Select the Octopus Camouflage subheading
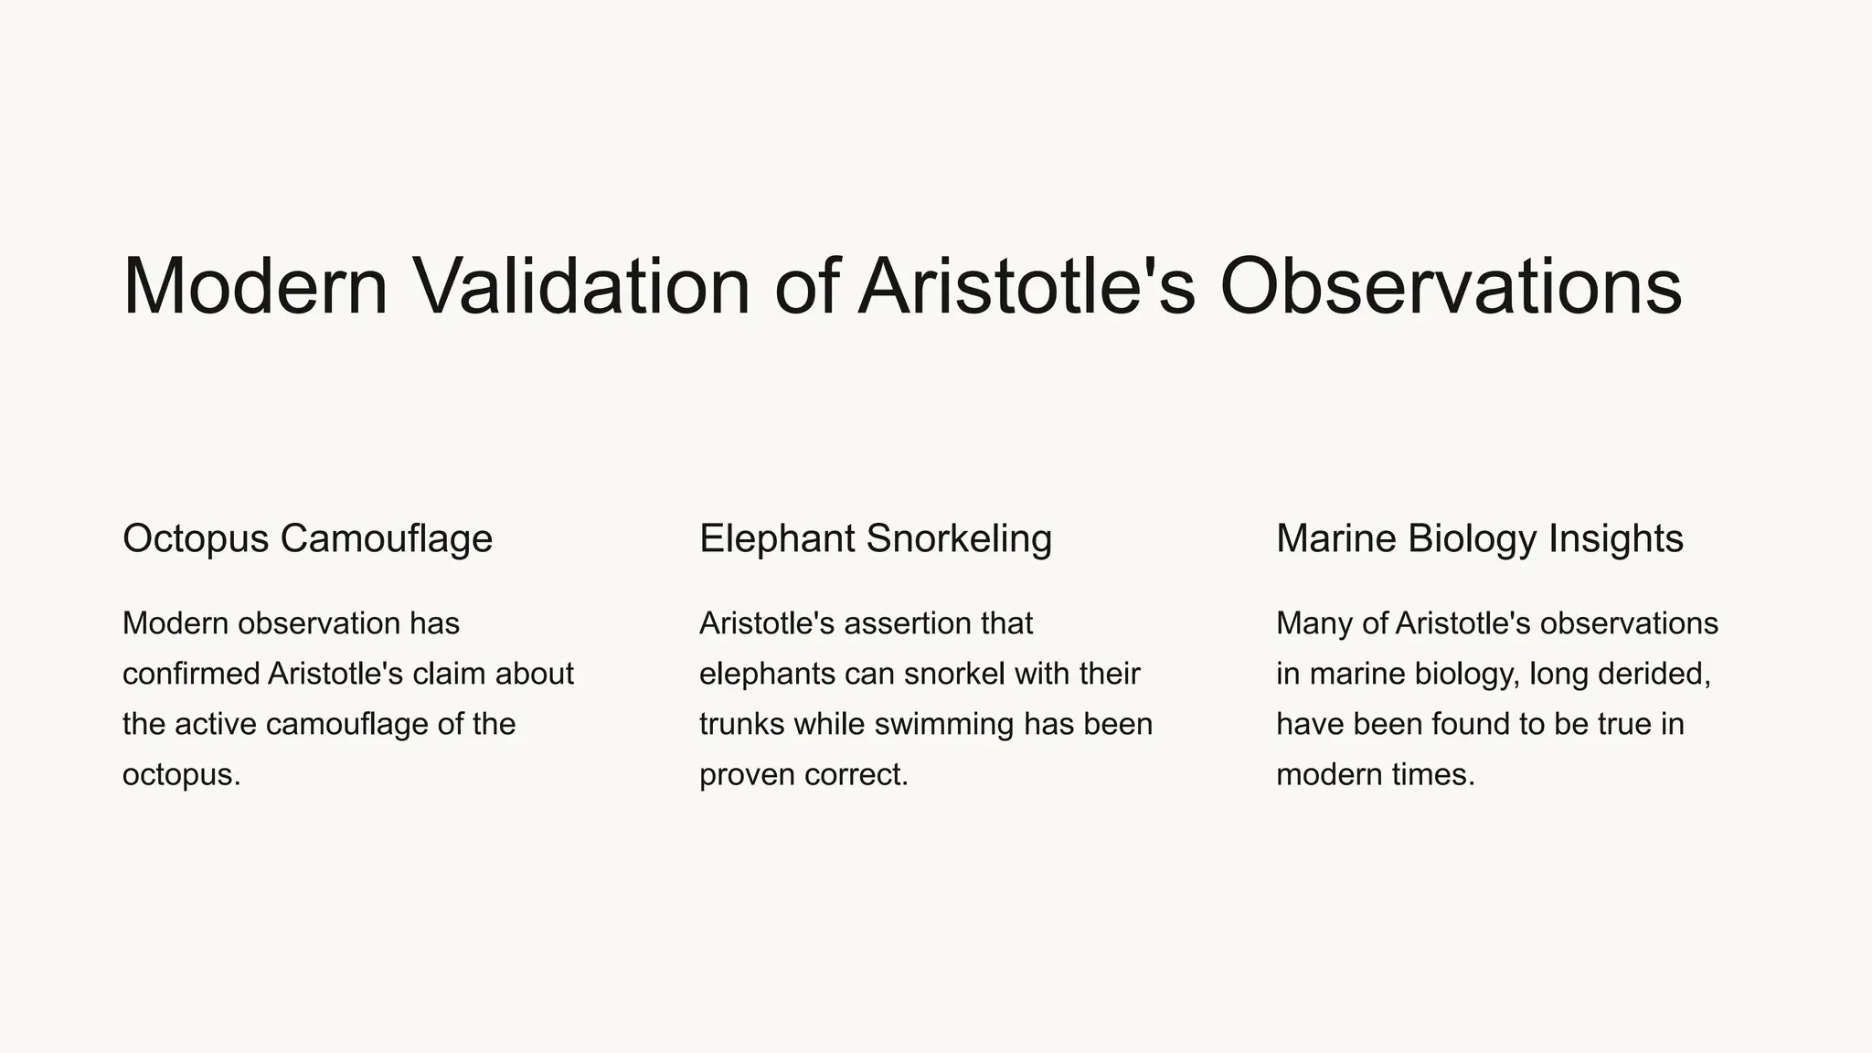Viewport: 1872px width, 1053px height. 307,538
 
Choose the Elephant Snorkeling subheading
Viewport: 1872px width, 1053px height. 875,538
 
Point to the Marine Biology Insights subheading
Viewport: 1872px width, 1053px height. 1479,538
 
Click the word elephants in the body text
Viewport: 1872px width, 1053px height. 766,674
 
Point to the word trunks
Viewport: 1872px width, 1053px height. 741,724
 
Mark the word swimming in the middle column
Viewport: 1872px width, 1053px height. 944,724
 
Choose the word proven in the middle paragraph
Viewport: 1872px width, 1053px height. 747,775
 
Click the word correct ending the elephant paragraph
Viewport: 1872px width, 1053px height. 856,775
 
